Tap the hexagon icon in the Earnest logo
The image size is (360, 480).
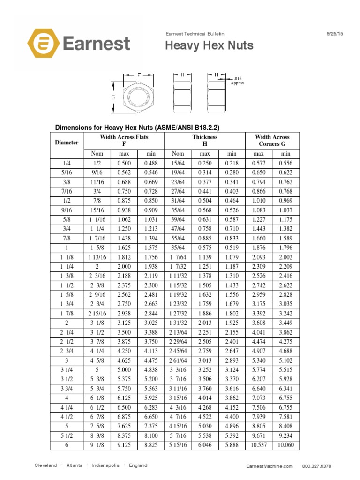[x=43, y=45]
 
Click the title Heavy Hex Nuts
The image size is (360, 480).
[x=210, y=45]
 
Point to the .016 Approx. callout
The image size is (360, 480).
[x=238, y=81]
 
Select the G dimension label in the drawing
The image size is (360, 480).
[x=113, y=97]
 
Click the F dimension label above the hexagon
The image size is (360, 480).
[x=139, y=75]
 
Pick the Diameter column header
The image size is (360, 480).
[x=67, y=142]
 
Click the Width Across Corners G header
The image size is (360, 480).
[x=272, y=141]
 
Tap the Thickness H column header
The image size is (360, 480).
[x=205, y=141]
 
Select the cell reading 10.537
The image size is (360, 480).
[x=259, y=445]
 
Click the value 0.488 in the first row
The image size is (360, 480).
[x=151, y=163]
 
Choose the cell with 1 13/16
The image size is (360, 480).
[x=97, y=257]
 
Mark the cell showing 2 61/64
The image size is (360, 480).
[x=178, y=360]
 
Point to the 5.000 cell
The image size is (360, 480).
[x=124, y=369]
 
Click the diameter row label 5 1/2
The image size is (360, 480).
[x=67, y=435]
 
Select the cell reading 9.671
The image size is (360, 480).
[x=259, y=435]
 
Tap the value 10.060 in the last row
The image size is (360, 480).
[x=285, y=445]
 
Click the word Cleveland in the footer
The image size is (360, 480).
[x=46, y=465]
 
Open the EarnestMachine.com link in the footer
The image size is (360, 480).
[x=269, y=466]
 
